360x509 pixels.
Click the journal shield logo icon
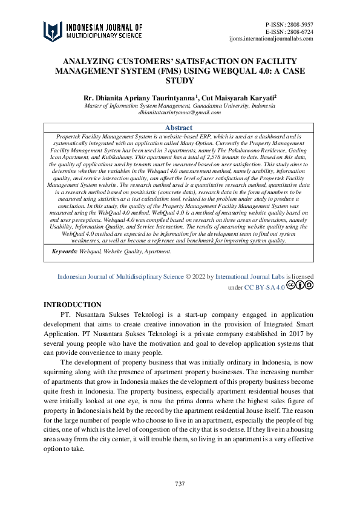(x=53, y=31)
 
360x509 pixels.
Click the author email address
(x=180, y=112)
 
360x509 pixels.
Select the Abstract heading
(x=178, y=128)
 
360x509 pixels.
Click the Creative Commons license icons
(x=300, y=287)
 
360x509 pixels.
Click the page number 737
(x=180, y=484)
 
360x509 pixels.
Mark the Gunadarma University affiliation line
(x=180, y=105)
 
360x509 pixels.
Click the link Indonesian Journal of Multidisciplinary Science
(x=120, y=276)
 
